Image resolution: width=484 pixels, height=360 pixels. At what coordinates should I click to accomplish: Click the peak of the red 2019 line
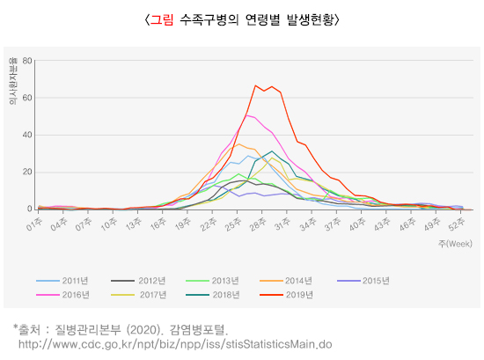point(255,86)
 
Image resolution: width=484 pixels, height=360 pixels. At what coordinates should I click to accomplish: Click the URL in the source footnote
point(175,343)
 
